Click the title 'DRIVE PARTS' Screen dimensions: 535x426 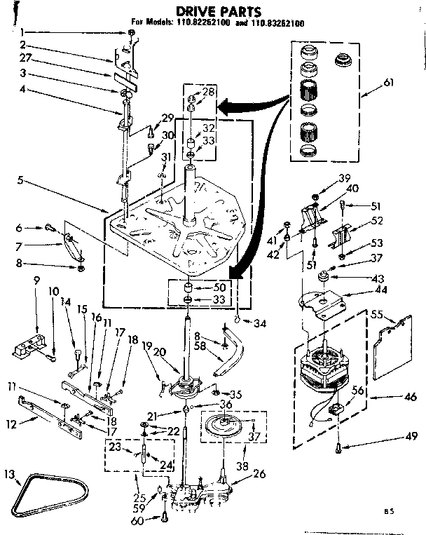tap(209, 12)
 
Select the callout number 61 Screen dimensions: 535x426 tap(389, 82)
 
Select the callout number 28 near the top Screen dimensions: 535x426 tap(209, 93)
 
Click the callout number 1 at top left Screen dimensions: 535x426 tap(22, 32)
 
